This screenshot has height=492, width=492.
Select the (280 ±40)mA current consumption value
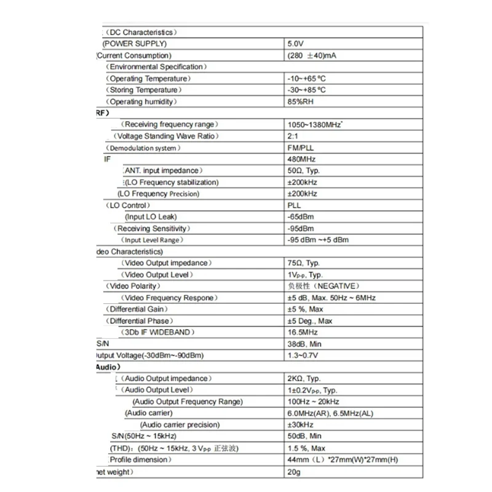pos(312,55)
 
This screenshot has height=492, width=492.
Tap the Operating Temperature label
pos(149,79)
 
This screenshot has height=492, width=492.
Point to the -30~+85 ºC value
pos(306,90)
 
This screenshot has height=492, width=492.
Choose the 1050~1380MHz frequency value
pos(314,125)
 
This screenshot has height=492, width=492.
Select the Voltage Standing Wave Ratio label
pos(167,136)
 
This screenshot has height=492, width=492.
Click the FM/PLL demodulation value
pos(300,148)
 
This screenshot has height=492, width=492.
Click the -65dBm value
pos(300,216)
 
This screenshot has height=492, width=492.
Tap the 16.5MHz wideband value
pos(302,332)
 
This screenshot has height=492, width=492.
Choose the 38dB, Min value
pos(304,344)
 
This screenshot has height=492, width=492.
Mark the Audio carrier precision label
pos(180,425)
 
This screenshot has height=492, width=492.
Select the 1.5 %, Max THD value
pos(306,448)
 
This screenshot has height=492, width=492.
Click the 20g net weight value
pos(293,472)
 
